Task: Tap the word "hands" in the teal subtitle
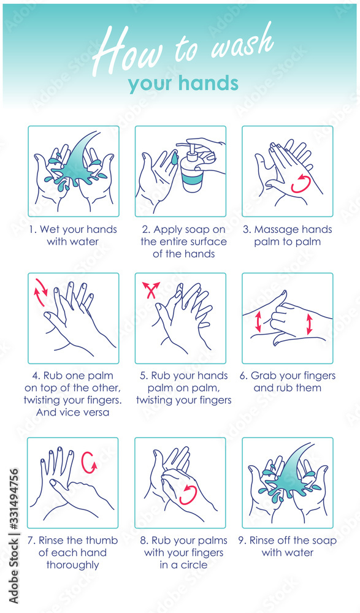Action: [208, 83]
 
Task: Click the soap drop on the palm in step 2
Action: [175, 158]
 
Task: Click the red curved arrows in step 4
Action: [41, 292]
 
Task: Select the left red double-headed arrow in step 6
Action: [258, 321]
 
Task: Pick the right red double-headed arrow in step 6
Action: [310, 324]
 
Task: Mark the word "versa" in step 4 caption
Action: [95, 413]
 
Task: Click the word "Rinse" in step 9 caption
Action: [262, 540]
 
